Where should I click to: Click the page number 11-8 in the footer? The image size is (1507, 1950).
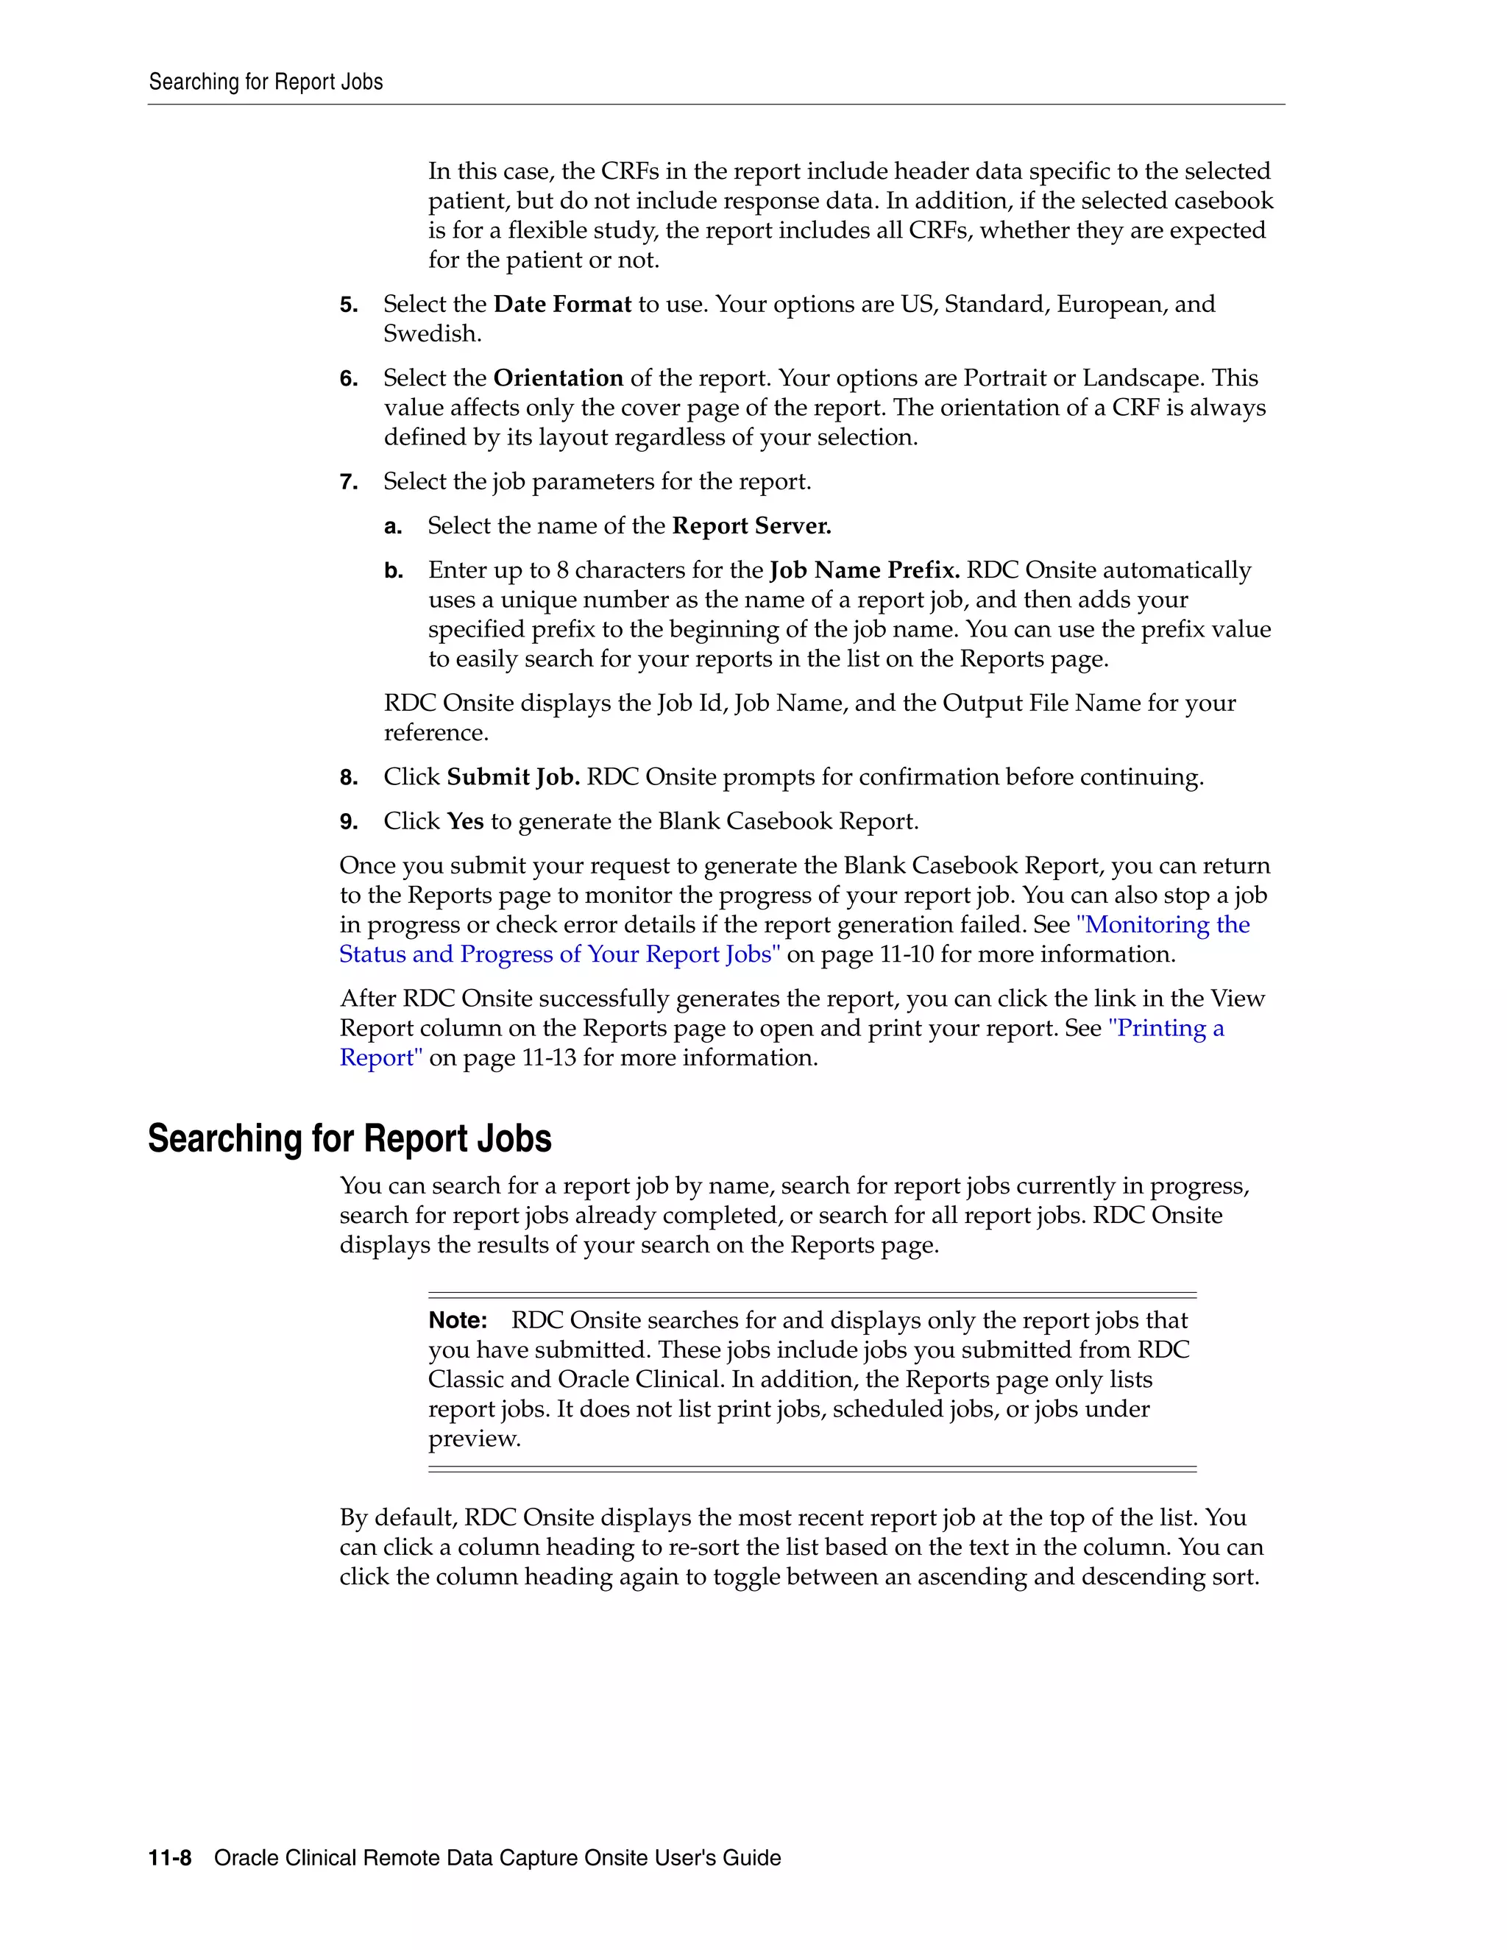point(170,1858)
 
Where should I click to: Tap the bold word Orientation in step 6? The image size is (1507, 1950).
point(558,378)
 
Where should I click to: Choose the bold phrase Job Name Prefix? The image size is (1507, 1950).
point(864,570)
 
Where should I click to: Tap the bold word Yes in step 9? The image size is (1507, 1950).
point(465,821)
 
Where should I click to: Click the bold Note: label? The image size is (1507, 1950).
point(458,1321)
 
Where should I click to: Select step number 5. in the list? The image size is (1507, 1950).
point(348,305)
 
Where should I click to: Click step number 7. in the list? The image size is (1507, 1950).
point(348,483)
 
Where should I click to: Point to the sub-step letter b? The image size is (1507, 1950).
point(394,572)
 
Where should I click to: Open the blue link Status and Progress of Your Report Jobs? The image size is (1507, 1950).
point(559,954)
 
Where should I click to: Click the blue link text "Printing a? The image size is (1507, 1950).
point(1166,1029)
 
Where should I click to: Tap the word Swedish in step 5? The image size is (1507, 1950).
point(432,334)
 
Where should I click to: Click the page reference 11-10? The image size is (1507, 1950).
point(906,954)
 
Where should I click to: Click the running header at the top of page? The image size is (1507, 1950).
point(265,82)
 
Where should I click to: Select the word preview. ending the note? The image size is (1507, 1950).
point(474,1439)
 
